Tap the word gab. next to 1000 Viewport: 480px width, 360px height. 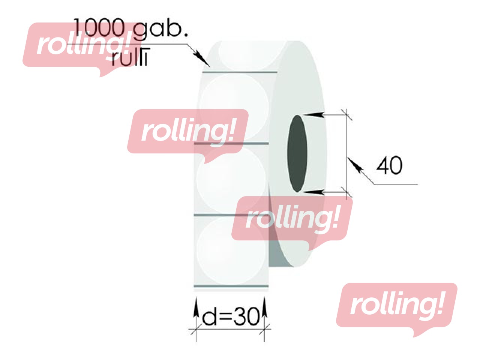coord(160,29)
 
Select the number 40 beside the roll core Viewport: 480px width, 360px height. coord(389,165)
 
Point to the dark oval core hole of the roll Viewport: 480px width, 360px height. coord(297,153)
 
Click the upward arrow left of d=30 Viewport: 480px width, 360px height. coord(196,309)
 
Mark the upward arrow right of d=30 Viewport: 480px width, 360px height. coord(264,309)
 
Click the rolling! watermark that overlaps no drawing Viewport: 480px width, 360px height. coord(397,306)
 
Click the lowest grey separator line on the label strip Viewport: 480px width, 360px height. coord(231,286)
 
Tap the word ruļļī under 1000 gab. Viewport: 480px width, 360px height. coord(130,59)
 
